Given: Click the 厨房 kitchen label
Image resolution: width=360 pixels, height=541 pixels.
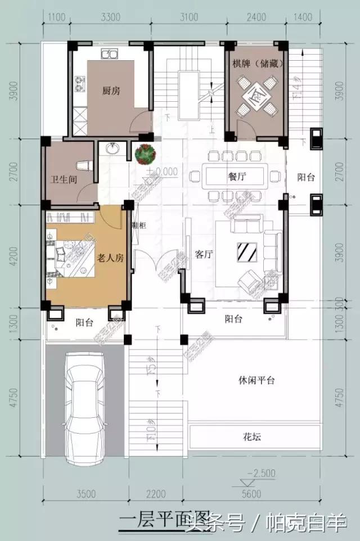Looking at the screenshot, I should (111, 90).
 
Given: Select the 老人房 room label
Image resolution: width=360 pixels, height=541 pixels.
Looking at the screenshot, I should (110, 258).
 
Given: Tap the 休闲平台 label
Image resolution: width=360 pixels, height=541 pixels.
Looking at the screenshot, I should (256, 380).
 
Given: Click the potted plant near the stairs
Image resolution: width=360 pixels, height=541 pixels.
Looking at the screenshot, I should (146, 153).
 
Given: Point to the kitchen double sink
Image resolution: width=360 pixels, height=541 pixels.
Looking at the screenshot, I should (109, 55).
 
